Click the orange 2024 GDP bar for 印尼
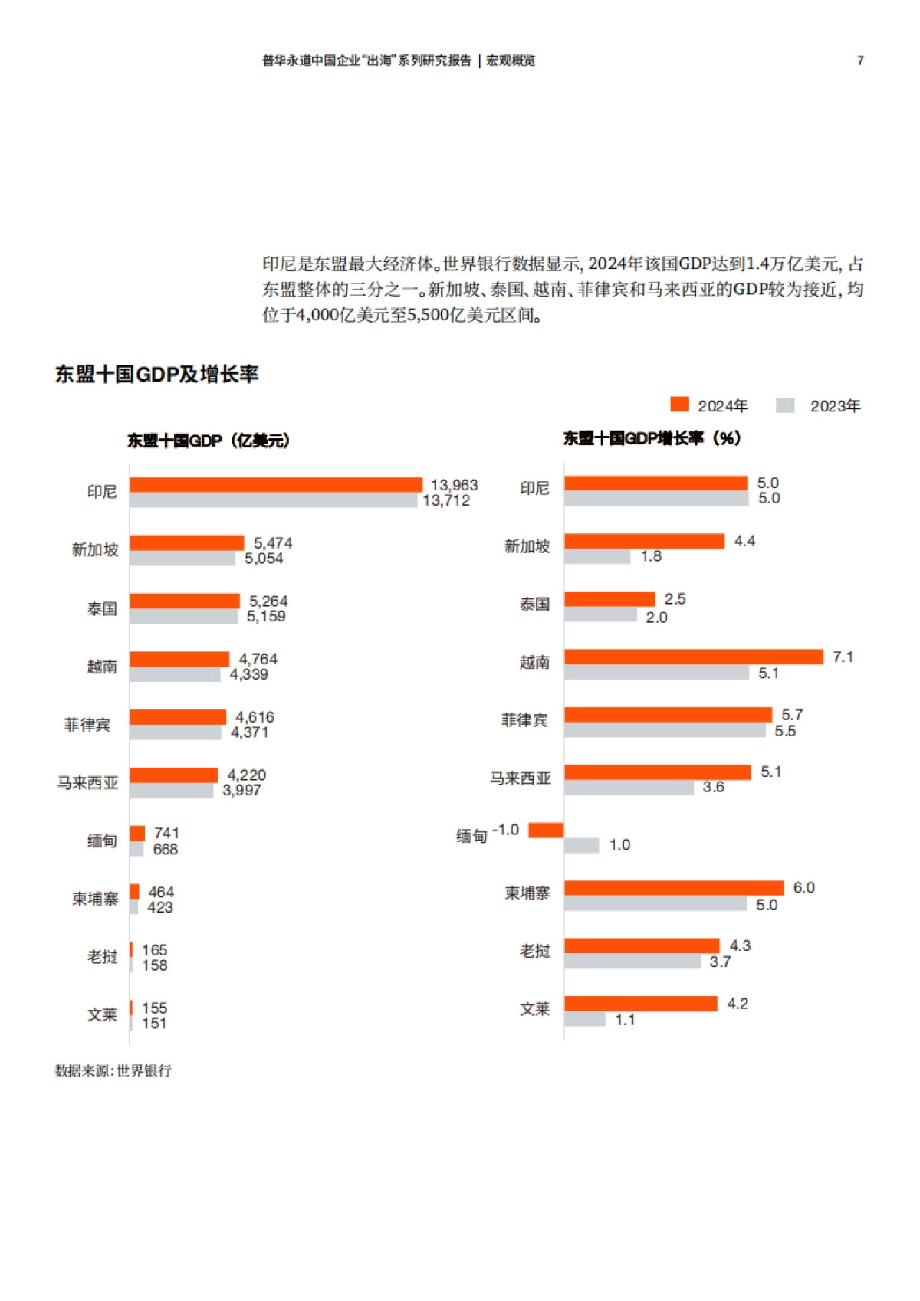tap(276, 484)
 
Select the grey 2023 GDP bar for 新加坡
tap(182, 559)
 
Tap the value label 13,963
tap(454, 485)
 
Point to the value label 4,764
tap(258, 659)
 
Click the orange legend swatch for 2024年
tap(679, 405)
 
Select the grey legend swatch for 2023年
tap(785, 405)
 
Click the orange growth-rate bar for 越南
tap(693, 657)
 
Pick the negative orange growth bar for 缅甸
tap(546, 830)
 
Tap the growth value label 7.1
tap(843, 657)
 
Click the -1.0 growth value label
tap(505, 830)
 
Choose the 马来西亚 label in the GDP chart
tap(87, 782)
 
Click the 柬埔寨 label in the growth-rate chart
tap(527, 893)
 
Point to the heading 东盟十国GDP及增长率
tap(156, 374)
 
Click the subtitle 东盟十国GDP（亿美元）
tap(208, 441)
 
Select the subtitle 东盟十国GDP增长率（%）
tap(652, 438)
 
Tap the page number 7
tap(860, 61)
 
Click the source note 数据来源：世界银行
tap(113, 1070)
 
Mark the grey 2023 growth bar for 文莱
tap(584, 1019)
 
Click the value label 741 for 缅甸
tap(166, 833)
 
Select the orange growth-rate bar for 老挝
tap(642, 945)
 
